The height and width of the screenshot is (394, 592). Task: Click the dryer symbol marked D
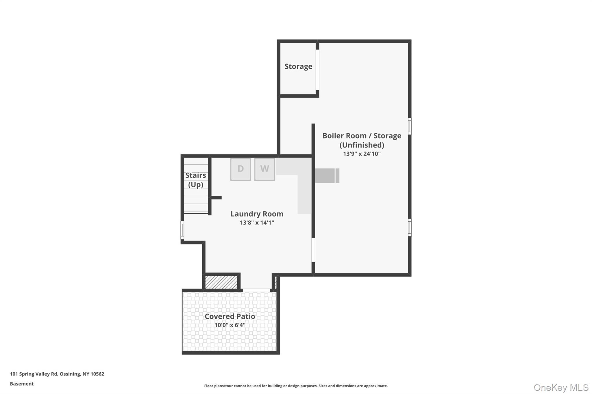point(240,169)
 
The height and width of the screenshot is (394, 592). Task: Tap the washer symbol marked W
point(264,169)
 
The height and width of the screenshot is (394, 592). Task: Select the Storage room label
point(298,66)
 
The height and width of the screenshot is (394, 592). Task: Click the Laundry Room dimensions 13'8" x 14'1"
point(257,223)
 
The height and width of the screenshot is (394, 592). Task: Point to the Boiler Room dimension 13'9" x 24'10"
point(362,154)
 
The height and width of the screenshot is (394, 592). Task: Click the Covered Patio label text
point(230,316)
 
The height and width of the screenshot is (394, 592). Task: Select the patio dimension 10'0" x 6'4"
point(230,325)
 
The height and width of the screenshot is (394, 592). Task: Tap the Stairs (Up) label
point(196,180)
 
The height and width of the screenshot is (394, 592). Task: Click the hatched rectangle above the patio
point(221,282)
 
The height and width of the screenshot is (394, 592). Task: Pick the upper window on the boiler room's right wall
point(410,126)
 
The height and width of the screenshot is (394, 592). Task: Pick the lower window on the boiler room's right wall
point(410,227)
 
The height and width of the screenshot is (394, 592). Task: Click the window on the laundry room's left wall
point(182,230)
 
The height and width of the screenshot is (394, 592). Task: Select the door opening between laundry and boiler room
point(313,250)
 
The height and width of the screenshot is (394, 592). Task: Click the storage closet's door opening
point(317,70)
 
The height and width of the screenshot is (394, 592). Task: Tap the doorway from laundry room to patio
point(256,290)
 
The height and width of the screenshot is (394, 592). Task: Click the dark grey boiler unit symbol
point(327,175)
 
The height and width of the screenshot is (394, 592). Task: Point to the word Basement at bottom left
point(22,384)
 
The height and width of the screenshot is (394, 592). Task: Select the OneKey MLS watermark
point(561,387)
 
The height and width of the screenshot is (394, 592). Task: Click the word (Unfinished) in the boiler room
point(362,145)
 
